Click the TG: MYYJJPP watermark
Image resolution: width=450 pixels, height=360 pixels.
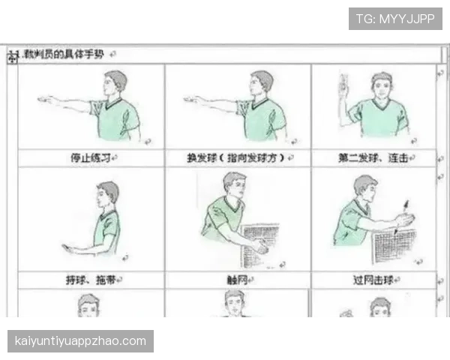pos(396,18)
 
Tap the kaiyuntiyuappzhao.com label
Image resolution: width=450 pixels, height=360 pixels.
pos(81,341)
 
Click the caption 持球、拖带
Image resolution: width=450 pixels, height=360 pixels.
pos(87,280)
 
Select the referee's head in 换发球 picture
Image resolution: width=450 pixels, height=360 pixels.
pos(262,82)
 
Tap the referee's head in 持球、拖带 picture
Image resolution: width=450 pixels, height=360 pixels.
pos(108,193)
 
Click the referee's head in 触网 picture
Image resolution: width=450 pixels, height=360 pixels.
pos(234,184)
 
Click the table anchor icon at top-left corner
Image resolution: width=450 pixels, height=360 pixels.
pos(12,57)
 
